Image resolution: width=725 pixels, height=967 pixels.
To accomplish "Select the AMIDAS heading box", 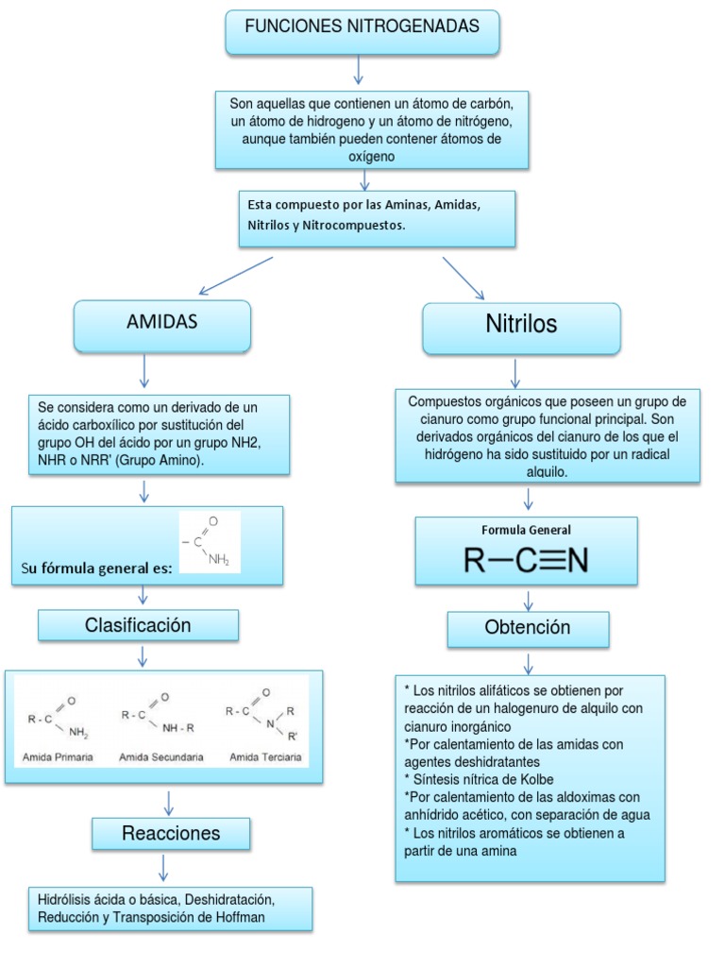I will pos(161,323).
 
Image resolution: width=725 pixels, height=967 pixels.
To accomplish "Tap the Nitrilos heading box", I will pos(521,326).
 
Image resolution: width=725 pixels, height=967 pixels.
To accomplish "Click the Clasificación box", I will pos(138,625).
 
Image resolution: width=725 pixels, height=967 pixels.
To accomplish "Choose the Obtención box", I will pos(527,628).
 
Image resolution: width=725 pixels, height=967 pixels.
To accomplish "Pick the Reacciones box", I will pos(171,834).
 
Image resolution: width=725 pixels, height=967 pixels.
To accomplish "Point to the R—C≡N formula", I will pos(526,561).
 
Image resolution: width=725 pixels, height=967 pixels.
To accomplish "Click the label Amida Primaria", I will pos(59,757).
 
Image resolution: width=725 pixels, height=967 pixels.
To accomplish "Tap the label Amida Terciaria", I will pos(265,757).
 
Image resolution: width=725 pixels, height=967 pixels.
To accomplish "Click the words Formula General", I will pos(526,531).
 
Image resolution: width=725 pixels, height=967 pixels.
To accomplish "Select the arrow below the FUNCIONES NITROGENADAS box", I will pos(359,70).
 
